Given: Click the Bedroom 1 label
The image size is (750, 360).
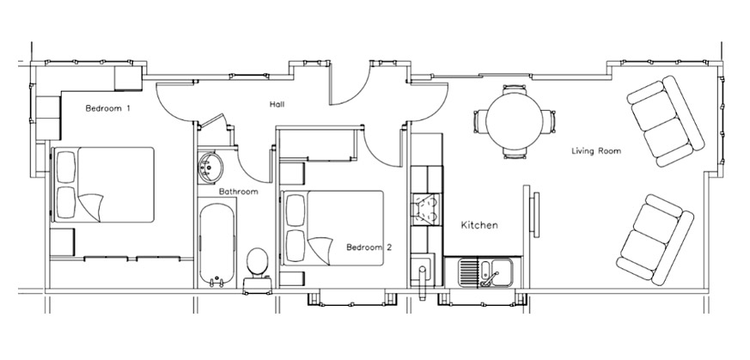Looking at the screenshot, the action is coord(107,108).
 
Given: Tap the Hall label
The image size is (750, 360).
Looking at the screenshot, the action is coord(277,104).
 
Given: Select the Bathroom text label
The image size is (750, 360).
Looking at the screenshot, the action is coord(238,192).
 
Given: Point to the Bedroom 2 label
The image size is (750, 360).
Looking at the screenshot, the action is coord(369,247).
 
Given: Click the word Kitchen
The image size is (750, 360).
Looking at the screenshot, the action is coord(479,225).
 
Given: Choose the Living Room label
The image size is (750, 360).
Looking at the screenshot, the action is coord(596,151).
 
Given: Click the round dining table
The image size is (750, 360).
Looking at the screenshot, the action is coord(515,121).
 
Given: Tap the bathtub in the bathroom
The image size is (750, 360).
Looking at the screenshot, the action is coord(217,245).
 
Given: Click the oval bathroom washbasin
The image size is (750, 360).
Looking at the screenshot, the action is coord(210,167).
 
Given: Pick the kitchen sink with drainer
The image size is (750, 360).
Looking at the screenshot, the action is coord(485,272).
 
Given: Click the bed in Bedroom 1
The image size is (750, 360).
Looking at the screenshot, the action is coord(103,185).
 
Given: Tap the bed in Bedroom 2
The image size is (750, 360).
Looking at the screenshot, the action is coord(332,228).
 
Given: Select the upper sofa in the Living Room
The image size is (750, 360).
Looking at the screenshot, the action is coord(665,121).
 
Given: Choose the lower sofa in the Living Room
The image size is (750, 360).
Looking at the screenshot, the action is coord(655,240).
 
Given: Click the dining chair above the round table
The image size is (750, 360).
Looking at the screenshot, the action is coord(515,89).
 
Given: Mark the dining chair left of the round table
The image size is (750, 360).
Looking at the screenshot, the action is coord(480,121).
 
